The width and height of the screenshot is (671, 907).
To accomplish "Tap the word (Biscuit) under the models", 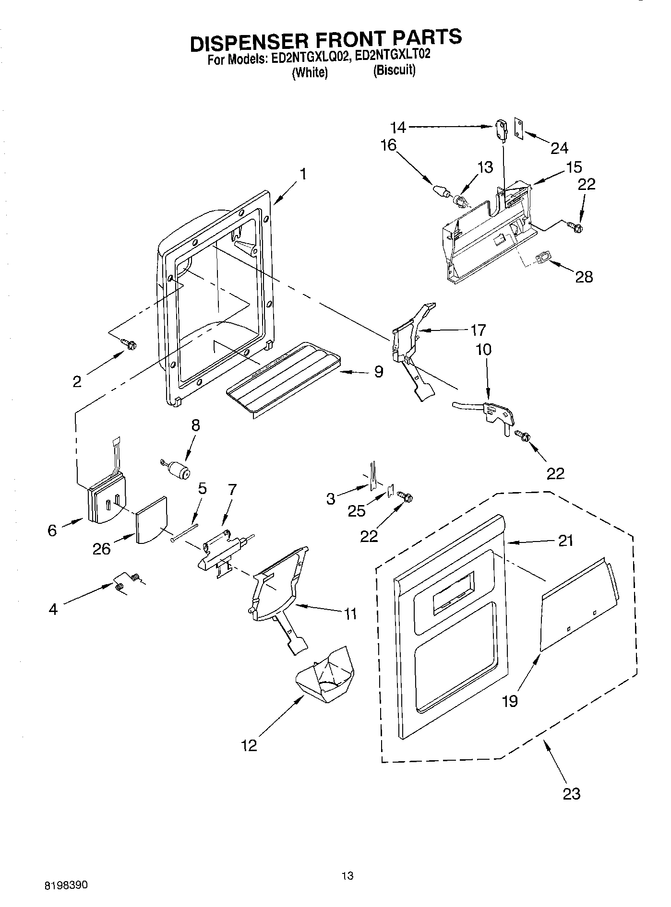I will point(394,70).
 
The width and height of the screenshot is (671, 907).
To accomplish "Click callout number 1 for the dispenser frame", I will point(303,174).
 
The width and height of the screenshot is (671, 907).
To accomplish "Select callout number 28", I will point(584,277).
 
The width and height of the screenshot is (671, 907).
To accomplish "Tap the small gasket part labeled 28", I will point(543,259).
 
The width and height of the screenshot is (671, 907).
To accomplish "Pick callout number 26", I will point(102,549).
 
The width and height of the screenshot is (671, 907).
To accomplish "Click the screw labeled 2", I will point(129,343).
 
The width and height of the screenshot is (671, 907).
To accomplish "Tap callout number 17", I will point(478,330).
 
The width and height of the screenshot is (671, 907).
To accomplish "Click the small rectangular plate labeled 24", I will point(519,129).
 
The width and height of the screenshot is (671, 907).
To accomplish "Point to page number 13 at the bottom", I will point(347,875).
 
